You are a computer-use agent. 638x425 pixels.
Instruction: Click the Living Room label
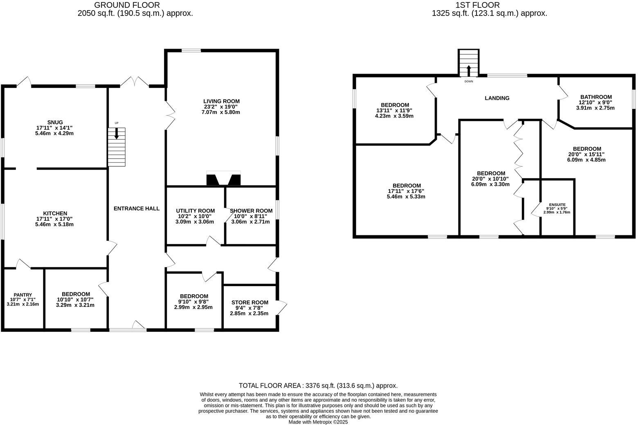221,101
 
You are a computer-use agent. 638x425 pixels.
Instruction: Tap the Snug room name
55,122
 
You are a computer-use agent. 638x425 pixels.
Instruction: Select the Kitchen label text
55,213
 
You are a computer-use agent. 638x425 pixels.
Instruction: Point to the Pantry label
22,295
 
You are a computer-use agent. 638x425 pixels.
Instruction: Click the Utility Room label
195,211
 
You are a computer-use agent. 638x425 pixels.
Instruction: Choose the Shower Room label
251,211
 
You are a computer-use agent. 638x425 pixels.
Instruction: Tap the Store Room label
249,302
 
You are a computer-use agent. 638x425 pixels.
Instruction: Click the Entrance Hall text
136,208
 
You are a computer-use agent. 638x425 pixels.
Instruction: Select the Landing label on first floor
497,98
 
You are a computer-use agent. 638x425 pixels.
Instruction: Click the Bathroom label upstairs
595,97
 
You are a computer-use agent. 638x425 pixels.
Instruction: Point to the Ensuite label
557,205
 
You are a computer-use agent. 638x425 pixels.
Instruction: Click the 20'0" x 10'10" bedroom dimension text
491,179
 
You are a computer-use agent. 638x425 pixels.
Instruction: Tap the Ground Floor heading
127,5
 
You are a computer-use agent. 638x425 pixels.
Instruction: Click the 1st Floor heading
477,5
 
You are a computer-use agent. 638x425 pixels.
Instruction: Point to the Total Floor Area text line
318,385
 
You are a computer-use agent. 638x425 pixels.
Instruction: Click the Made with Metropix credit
318,422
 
